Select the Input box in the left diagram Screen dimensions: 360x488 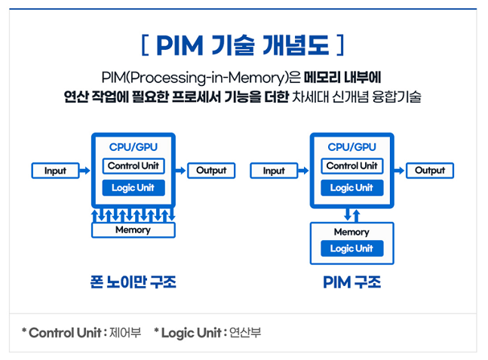pos(55,171)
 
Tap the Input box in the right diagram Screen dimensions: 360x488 pos(274,171)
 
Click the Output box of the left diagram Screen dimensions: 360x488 pos(211,171)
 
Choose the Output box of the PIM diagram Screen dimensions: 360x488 pos(430,171)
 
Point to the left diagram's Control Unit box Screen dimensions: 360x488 pos(133,166)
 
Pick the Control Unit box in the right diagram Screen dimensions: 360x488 pos(351,166)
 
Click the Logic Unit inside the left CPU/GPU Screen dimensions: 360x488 pos(133,187)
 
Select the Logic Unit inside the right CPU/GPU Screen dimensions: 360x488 pos(351,187)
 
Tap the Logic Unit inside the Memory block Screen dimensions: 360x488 pos(351,248)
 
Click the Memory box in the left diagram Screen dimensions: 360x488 pos(133,230)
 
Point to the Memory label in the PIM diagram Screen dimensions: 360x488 pos(351,232)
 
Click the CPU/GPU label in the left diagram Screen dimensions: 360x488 pos(133,147)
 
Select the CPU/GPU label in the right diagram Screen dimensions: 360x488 pos(351,147)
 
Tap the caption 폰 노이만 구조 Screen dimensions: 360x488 pos(133,283)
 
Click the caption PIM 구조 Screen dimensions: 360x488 pos(351,283)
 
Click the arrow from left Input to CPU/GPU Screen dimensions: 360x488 pos(85,171)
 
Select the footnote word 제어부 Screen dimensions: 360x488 pos(125,332)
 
